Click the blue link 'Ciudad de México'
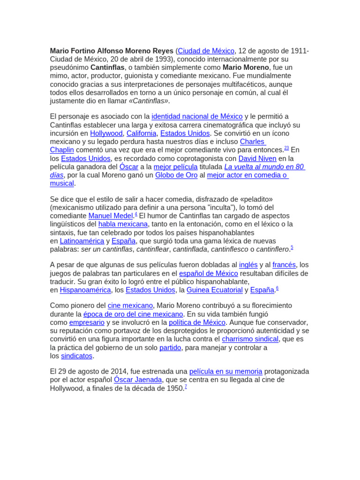(x=206, y=51)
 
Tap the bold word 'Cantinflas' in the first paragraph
(x=107, y=67)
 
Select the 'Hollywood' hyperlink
(x=106, y=134)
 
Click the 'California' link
(x=141, y=134)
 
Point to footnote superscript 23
(x=286, y=148)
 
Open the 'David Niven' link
(x=257, y=158)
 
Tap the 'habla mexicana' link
(x=123, y=225)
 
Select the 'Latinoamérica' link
(x=82, y=241)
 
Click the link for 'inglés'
(x=248, y=265)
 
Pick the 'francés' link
(x=284, y=265)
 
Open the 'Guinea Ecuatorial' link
(x=215, y=290)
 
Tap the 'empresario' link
(x=87, y=323)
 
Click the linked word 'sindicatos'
(x=77, y=356)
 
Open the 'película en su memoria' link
(x=225, y=372)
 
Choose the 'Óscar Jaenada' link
(x=138, y=380)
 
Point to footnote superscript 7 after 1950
(x=186, y=387)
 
